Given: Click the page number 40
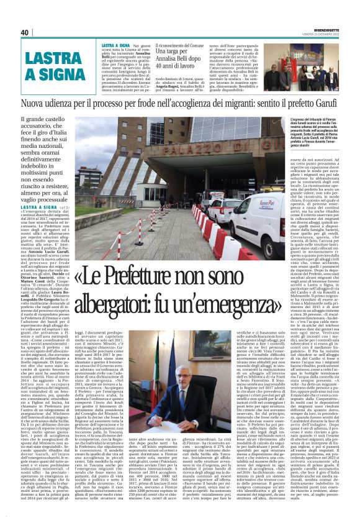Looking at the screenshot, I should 25,33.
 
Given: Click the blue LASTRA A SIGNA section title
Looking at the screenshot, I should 37,67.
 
